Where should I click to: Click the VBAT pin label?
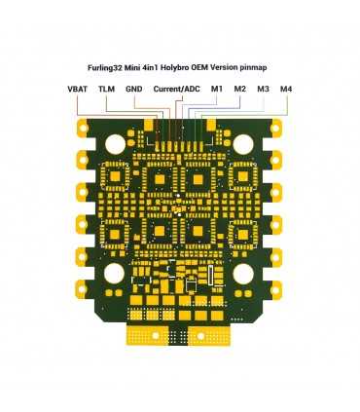coord(77,90)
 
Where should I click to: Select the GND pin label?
coord(133,90)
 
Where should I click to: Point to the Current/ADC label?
coord(176,90)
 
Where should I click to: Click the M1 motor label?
coord(216,90)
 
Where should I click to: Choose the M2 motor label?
coord(239,90)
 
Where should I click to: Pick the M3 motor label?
coord(263,90)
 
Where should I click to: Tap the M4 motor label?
coord(285,90)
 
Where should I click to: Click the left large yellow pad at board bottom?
coord(147,334)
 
